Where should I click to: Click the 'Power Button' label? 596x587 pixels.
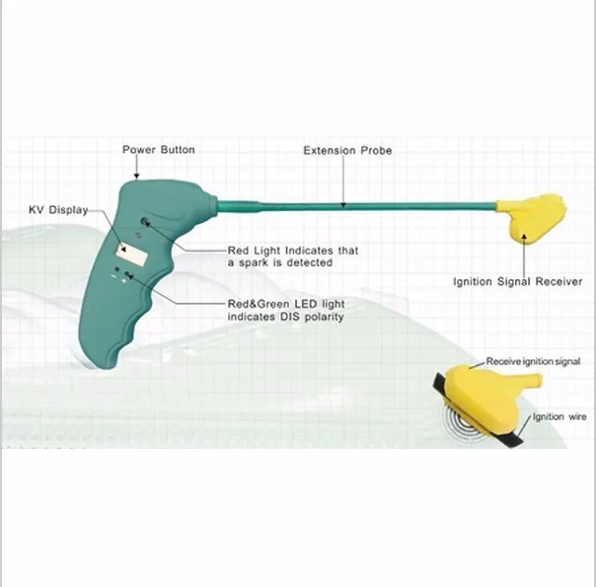[158, 150]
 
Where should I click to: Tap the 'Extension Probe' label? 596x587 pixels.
[346, 151]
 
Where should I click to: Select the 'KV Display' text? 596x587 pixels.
[58, 210]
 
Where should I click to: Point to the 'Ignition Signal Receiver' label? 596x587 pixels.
[517, 281]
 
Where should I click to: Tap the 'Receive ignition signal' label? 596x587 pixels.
[540, 362]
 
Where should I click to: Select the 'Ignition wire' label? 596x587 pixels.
[559, 417]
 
